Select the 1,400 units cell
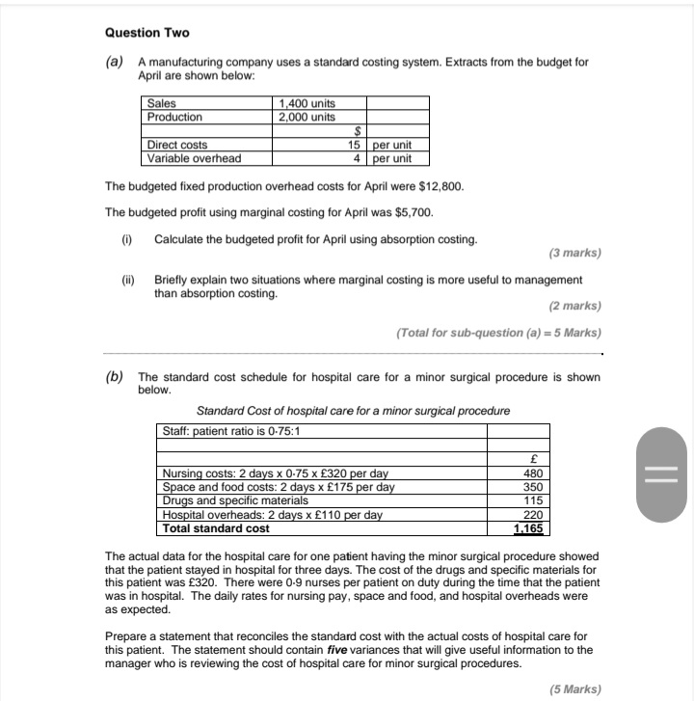307,104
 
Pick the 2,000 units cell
307,117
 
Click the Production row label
174,117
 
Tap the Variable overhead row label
194,158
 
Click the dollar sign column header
358,132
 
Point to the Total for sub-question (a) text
498,333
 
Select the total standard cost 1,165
529,528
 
